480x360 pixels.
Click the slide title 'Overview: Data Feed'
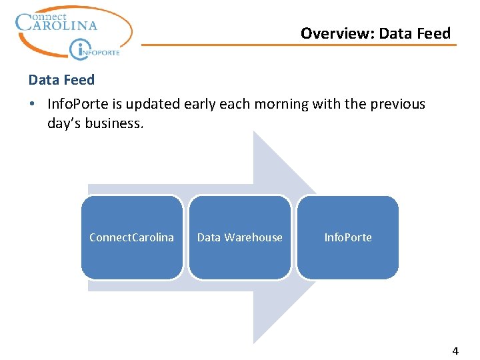coord(375,33)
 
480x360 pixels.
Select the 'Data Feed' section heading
coord(61,80)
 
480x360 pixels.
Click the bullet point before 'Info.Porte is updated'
coord(33,105)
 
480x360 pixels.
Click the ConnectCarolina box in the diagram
coord(131,237)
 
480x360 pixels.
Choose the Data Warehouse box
coord(240,237)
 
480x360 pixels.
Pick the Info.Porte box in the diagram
coord(348,237)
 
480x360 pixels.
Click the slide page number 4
coord(455,351)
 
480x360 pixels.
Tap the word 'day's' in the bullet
coord(65,123)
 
